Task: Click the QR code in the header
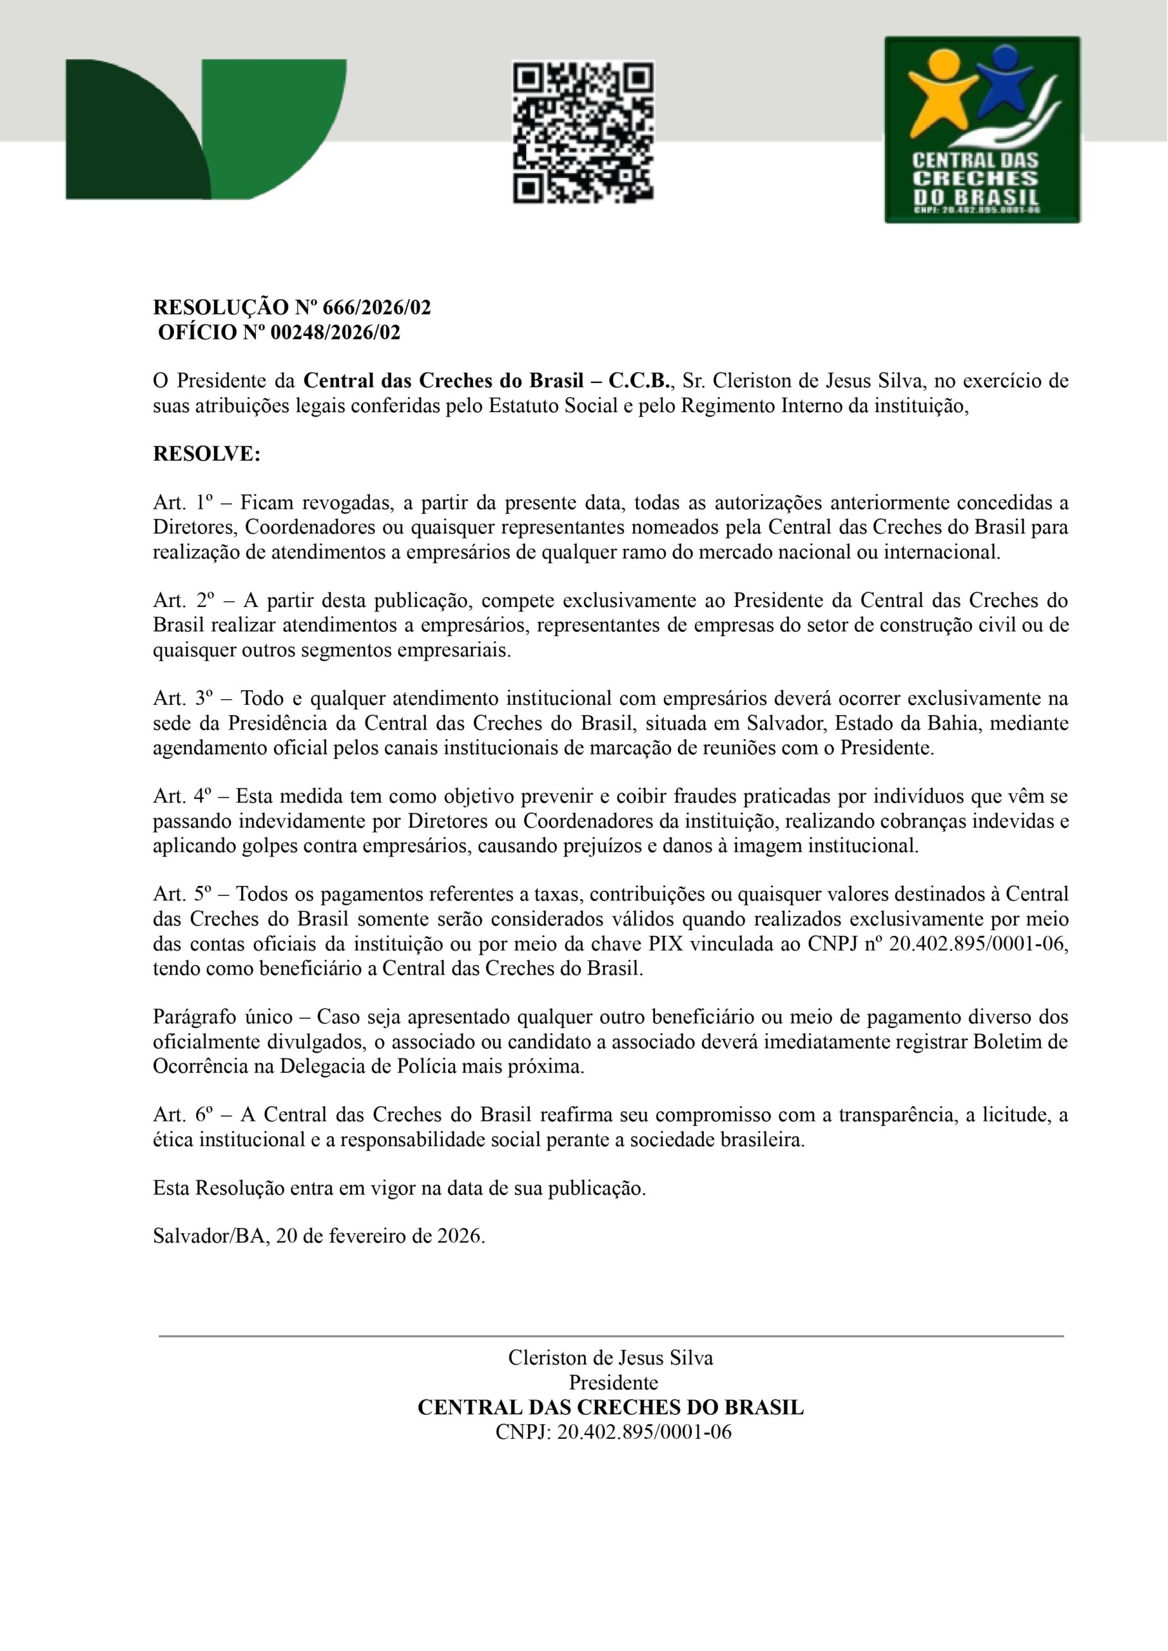coord(583,132)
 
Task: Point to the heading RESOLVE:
coord(206,454)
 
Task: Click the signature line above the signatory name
coord(610,1336)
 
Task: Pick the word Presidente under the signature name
coord(614,1383)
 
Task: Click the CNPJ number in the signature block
coord(645,1432)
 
